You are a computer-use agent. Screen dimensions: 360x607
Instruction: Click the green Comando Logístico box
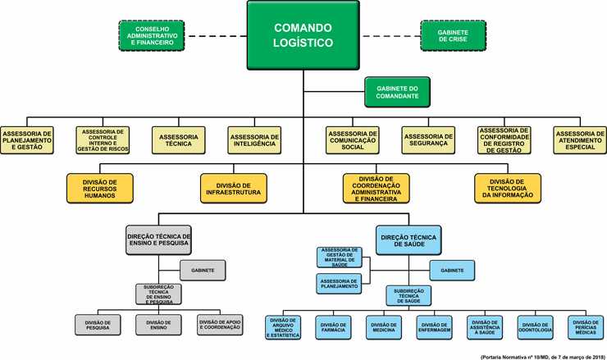click(303, 35)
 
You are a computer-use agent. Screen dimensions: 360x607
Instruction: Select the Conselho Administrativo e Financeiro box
click(152, 35)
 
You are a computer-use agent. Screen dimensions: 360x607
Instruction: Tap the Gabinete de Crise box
click(454, 35)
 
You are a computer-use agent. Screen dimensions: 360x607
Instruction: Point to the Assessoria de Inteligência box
click(253, 140)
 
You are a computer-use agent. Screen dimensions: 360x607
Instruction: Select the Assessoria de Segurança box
click(427, 140)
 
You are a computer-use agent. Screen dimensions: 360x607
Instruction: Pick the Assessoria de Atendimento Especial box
click(580, 140)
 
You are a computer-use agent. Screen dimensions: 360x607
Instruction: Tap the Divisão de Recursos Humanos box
click(100, 189)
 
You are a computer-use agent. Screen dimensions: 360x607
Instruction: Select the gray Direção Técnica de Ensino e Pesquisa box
click(158, 239)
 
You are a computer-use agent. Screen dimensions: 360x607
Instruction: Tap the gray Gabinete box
click(203, 269)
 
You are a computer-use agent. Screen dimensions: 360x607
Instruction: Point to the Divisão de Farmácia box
click(333, 326)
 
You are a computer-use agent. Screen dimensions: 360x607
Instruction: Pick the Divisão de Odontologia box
click(535, 326)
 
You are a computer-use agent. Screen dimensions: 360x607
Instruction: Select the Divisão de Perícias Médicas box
click(586, 326)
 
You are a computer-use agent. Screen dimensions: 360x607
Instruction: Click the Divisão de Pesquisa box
click(98, 325)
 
